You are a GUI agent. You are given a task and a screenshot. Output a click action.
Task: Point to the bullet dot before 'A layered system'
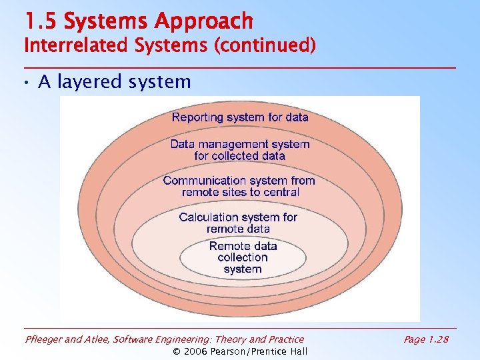pyautogui.click(x=27, y=83)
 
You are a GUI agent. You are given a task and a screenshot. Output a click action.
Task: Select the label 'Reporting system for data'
pyautogui.click(x=240, y=117)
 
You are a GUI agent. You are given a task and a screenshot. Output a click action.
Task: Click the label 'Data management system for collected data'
pyautogui.click(x=240, y=150)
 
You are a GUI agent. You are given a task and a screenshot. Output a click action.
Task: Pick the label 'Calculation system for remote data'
pyautogui.click(x=239, y=223)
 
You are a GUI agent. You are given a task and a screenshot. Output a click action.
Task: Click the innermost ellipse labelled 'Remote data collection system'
pyautogui.click(x=243, y=257)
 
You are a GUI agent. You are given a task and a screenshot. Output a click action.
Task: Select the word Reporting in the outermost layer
pyautogui.click(x=197, y=117)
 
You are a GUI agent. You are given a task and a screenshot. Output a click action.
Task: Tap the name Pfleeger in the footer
pyautogui.click(x=45, y=339)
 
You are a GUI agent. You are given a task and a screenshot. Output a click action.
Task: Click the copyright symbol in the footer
pyautogui.click(x=177, y=351)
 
